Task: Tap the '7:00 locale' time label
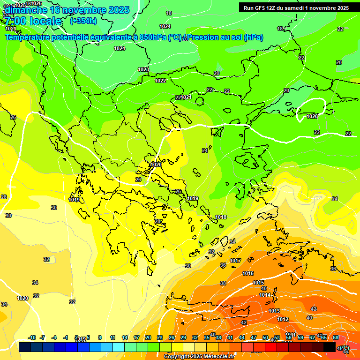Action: coord(33,21)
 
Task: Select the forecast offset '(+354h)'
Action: coord(83,21)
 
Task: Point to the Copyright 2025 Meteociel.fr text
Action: coord(199,356)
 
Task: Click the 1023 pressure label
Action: coord(143,69)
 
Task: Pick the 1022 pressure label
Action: coord(160,81)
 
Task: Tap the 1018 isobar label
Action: coord(221,217)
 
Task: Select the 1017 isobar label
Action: coord(235,261)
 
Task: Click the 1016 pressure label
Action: coord(248,273)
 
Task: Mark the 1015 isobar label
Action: coord(258,283)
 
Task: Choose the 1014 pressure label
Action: coord(265,295)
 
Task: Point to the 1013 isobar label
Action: coord(274,311)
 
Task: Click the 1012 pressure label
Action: coord(283,319)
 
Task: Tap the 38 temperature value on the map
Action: coord(223,283)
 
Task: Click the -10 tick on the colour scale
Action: coord(32,337)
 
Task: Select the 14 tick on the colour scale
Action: coord(125,337)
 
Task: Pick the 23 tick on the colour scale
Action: coord(160,337)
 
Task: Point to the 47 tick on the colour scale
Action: coord(254,337)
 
